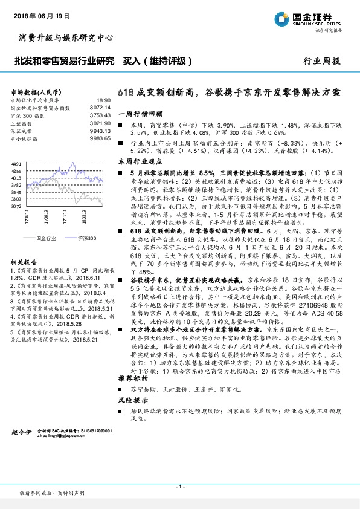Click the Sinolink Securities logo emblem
(x=282, y=19)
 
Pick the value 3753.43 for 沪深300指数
(x=100, y=114)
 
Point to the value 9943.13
(x=100, y=131)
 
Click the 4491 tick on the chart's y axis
(x=16, y=164)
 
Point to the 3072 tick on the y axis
(x=16, y=206)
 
